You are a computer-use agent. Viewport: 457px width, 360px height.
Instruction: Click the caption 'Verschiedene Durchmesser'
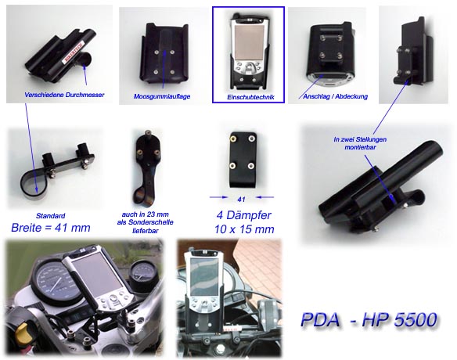point(64,95)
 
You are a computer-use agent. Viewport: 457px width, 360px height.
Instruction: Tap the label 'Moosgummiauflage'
point(162,96)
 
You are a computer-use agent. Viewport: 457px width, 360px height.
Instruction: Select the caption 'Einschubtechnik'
point(250,97)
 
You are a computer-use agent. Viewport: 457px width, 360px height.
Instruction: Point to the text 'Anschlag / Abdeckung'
point(335,96)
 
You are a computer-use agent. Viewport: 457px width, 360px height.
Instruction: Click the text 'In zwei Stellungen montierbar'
point(360,143)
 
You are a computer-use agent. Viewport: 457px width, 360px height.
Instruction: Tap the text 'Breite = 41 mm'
point(51,228)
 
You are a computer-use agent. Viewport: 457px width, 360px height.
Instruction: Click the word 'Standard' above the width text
point(50,216)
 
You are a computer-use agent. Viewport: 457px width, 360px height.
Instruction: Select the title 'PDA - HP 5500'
point(369,319)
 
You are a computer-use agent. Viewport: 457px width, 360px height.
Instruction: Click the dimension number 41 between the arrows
point(241,200)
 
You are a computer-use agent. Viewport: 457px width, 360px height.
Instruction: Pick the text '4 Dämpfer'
point(244,215)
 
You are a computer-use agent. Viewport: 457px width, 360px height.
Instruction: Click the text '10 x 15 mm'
point(244,229)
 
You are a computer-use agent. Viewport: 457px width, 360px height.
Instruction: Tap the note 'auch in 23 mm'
point(145,214)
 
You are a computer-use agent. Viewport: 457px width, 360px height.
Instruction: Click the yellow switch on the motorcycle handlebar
point(22,333)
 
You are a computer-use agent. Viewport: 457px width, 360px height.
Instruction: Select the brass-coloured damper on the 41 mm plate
point(233,139)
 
